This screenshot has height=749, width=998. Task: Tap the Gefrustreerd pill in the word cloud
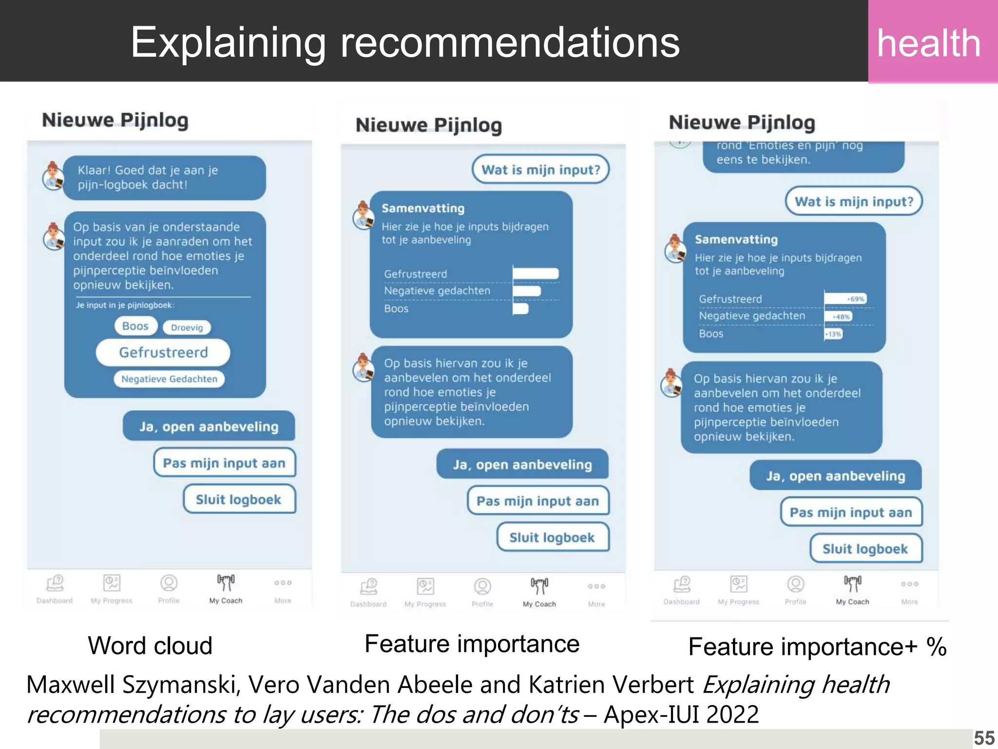point(163,352)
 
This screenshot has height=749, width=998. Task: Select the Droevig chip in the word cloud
point(187,328)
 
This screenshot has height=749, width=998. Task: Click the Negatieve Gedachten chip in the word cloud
point(169,379)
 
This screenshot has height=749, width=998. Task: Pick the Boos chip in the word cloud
point(135,326)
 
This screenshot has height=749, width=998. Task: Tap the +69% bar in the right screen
point(845,299)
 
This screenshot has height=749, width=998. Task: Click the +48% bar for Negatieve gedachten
point(839,316)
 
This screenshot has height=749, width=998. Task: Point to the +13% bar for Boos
point(833,334)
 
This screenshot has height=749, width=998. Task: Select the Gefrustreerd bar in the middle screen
point(536,274)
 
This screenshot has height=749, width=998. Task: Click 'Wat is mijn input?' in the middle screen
point(540,170)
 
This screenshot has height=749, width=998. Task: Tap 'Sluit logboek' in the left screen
point(239,499)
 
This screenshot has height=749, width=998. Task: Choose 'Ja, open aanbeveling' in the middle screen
point(522,465)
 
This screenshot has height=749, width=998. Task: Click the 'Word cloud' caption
point(150,646)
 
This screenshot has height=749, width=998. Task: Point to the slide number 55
point(984,738)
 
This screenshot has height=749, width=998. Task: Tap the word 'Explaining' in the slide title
point(229,43)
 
